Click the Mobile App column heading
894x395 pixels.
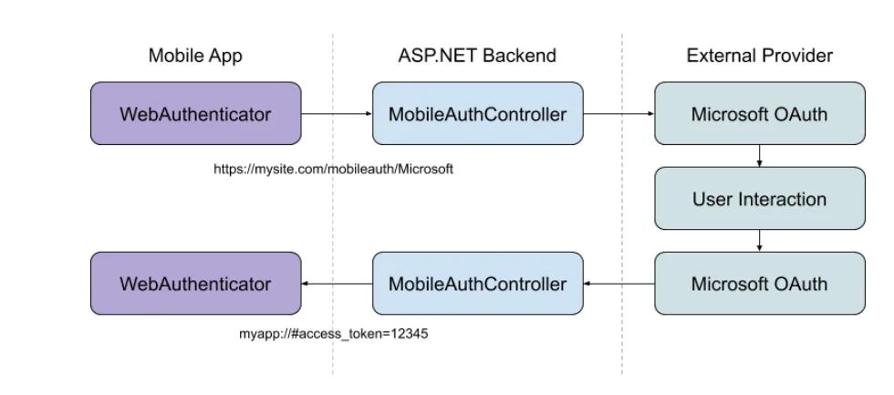(195, 56)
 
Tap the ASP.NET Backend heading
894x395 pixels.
(477, 56)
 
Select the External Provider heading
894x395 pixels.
(759, 56)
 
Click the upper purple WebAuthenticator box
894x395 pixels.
(195, 113)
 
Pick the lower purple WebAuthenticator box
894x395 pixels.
(195, 284)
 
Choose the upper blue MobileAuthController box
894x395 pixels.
(478, 113)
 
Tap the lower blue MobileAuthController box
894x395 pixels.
(478, 284)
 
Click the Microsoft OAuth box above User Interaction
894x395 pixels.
(759, 113)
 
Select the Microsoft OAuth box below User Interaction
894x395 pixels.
(759, 284)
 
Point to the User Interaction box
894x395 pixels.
(759, 198)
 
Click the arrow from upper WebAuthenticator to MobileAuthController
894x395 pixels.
(337, 113)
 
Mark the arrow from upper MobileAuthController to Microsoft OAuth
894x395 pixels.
(619, 113)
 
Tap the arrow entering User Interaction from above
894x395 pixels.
(759, 156)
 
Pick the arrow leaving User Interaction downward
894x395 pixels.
(759, 241)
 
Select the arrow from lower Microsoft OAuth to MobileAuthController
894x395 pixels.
(619, 284)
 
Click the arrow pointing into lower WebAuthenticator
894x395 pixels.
(337, 284)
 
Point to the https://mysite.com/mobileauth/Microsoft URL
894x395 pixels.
(334, 170)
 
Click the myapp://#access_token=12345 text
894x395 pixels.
(334, 334)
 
